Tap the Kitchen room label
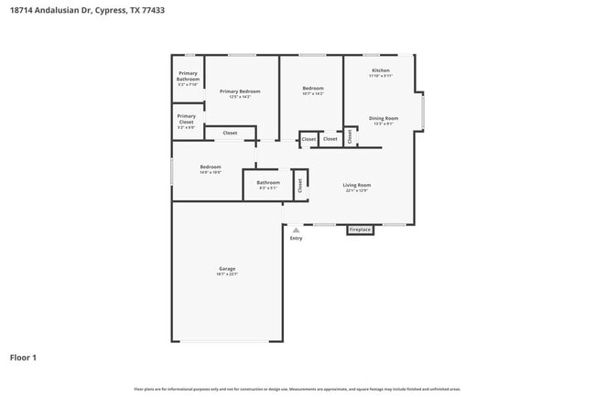tap(381, 70)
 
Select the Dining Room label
tap(384, 118)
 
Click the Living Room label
tap(357, 186)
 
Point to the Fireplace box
tap(361, 230)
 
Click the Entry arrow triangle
tap(296, 230)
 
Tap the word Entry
tap(296, 238)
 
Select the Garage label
tap(227, 268)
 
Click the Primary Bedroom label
tap(240, 91)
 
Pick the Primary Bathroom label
tap(188, 76)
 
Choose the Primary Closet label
tap(187, 119)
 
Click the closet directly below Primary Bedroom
tap(230, 134)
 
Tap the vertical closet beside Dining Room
tap(350, 136)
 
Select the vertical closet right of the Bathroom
tap(299, 184)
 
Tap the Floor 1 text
tap(23, 357)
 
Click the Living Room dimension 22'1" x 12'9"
tap(357, 191)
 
